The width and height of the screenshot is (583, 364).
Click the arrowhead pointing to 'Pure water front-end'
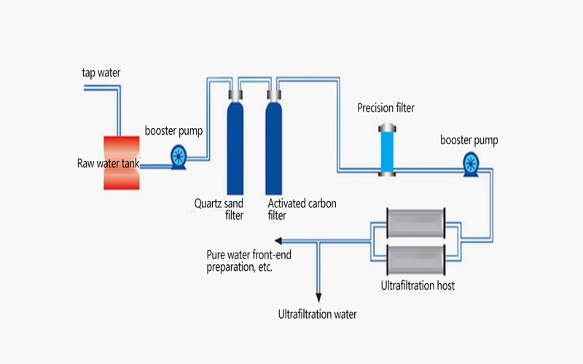point(278,241)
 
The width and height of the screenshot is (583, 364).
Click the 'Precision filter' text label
point(386,108)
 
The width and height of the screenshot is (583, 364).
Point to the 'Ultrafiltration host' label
point(418,285)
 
